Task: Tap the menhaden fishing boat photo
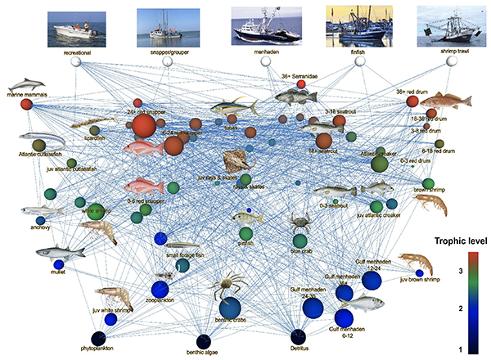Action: click(x=260, y=25)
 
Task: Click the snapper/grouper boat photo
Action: click(x=167, y=25)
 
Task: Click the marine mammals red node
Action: click(x=26, y=105)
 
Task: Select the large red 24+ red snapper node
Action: click(x=143, y=126)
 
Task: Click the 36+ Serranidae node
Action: click(x=301, y=84)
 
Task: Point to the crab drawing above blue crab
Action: click(x=300, y=220)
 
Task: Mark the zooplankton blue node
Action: click(x=160, y=289)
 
